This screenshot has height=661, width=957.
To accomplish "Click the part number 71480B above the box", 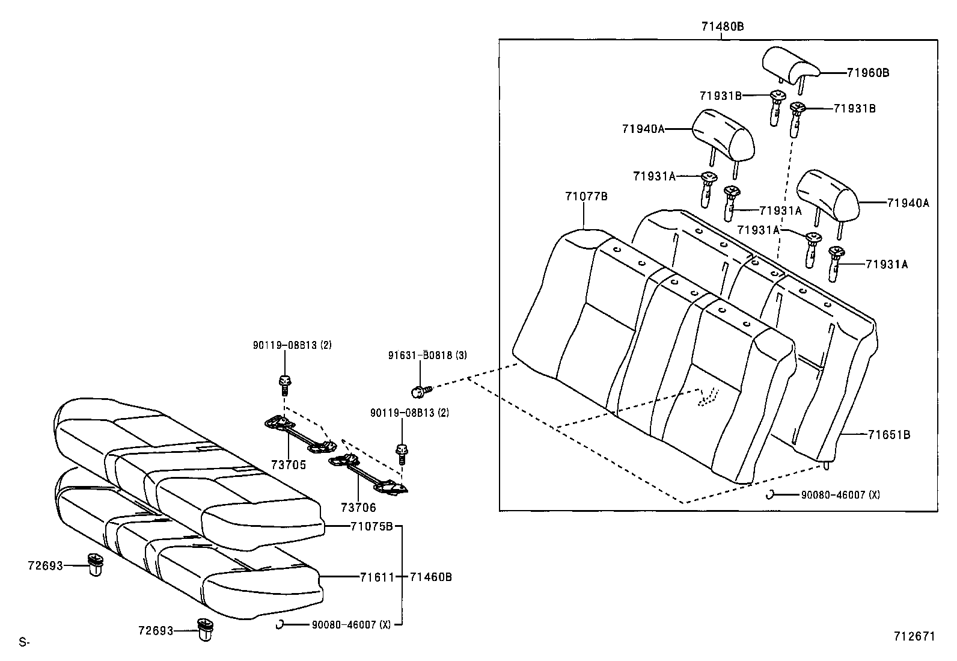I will click(x=722, y=26).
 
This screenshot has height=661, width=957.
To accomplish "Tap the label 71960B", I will click(x=867, y=73).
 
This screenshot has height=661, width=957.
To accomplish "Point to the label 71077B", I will click(x=586, y=196).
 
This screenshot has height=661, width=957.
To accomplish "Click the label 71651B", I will click(x=888, y=434).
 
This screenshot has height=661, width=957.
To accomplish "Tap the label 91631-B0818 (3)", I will click(x=427, y=355).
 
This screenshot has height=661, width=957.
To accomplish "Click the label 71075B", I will click(x=371, y=526).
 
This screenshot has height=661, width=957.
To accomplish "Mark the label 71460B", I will click(x=430, y=577).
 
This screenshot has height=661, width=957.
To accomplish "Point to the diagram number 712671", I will click(x=914, y=636).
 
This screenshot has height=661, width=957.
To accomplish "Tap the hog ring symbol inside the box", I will click(x=769, y=494).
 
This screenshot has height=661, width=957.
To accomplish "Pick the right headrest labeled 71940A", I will click(x=827, y=196).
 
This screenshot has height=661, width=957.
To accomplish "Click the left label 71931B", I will click(x=720, y=95).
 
